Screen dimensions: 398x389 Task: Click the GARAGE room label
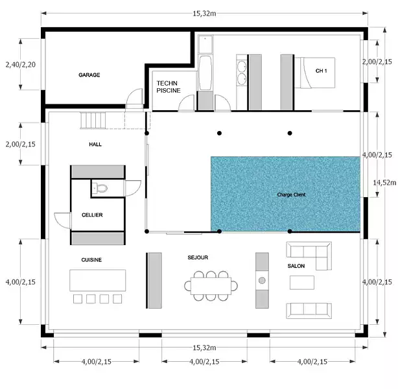(x=89, y=75)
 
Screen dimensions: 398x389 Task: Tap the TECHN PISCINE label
(x=169, y=87)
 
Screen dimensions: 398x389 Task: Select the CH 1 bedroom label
(x=321, y=71)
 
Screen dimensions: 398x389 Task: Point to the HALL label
(x=95, y=145)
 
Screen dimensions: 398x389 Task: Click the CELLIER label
(x=92, y=215)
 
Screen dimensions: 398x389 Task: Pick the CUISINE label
(x=91, y=260)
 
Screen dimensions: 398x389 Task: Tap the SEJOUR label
(x=198, y=257)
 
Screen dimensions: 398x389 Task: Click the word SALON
(x=296, y=266)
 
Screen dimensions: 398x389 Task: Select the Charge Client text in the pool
(x=291, y=194)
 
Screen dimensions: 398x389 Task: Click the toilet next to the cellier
(x=101, y=189)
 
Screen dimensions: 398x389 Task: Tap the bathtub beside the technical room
(x=205, y=73)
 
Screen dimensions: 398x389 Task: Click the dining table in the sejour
(x=211, y=286)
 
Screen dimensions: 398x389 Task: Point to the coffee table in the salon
(x=302, y=283)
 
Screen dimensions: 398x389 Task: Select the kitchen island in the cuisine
(x=97, y=280)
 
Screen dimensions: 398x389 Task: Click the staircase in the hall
(x=93, y=121)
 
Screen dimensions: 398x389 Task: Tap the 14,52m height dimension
(x=384, y=183)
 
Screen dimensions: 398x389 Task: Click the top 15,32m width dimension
(x=204, y=14)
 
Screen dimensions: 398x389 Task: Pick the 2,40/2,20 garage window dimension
(x=21, y=64)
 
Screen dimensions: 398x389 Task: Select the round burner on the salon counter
(x=262, y=280)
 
